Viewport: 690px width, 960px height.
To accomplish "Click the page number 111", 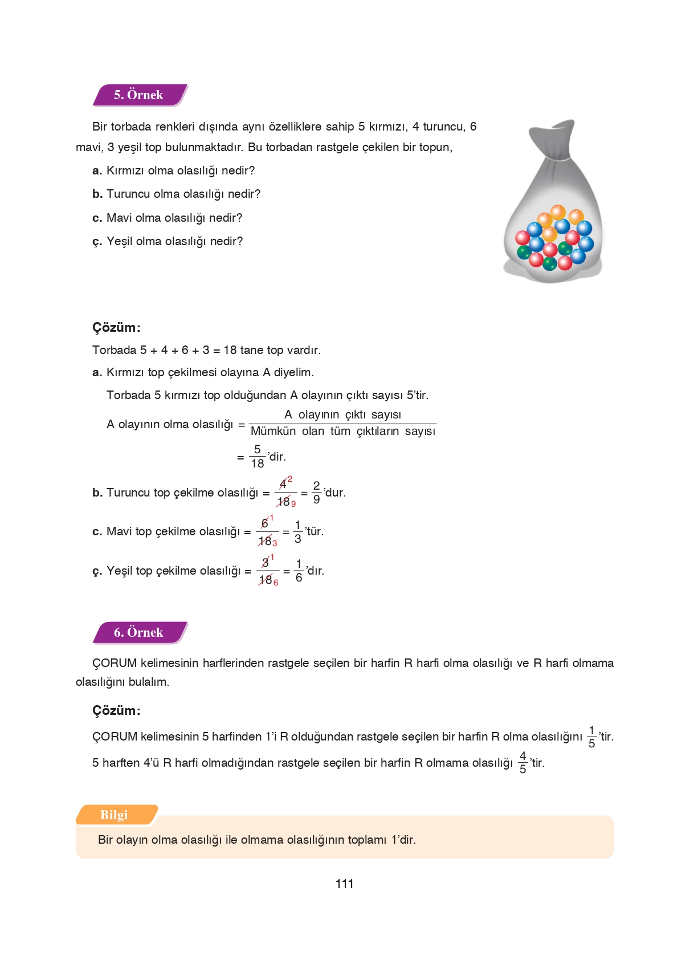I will [x=344, y=884].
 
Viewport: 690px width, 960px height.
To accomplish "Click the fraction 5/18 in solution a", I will [x=258, y=457].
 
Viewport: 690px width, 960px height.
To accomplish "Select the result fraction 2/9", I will [x=316, y=493].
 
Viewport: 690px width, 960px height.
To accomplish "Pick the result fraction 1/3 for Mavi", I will [x=297, y=532].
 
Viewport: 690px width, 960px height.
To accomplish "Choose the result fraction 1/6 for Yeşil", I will [x=299, y=571].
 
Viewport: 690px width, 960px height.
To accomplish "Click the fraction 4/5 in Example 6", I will [x=522, y=763].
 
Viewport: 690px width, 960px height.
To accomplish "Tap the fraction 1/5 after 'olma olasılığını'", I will [x=591, y=737].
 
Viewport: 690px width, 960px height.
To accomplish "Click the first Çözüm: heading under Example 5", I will [x=116, y=328].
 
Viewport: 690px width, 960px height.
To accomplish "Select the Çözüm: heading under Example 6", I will [x=116, y=711].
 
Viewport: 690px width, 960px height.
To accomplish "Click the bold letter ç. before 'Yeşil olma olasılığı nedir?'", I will [x=97, y=242].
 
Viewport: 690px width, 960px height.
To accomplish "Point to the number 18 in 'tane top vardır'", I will [x=230, y=350].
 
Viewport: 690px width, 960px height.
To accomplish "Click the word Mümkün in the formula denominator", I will [x=273, y=432].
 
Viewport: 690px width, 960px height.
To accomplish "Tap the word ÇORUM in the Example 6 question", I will [x=115, y=664].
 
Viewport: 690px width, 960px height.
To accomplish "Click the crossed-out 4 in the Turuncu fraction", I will [x=283, y=484].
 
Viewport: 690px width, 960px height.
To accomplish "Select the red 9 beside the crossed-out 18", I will [x=293, y=504].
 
